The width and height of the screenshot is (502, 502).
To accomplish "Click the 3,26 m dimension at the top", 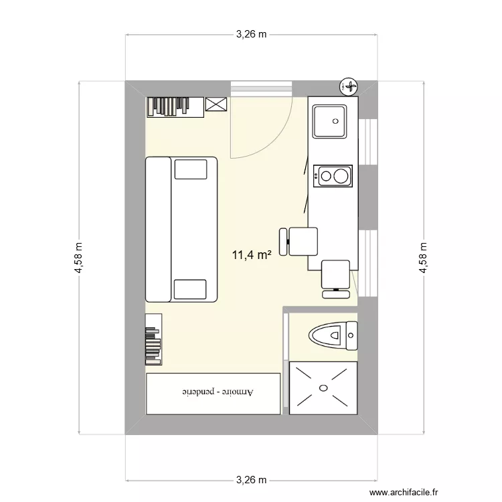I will pyautogui.click(x=251, y=35).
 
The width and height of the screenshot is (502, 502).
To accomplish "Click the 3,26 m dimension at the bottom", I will pyautogui.click(x=251, y=480).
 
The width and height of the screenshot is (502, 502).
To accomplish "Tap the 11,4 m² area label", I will pyautogui.click(x=251, y=254).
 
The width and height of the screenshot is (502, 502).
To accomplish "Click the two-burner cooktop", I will pyautogui.click(x=333, y=177).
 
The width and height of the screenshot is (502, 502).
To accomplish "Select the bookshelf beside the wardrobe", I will pyautogui.click(x=153, y=339).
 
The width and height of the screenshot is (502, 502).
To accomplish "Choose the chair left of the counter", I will pyautogui.click(x=300, y=241).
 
